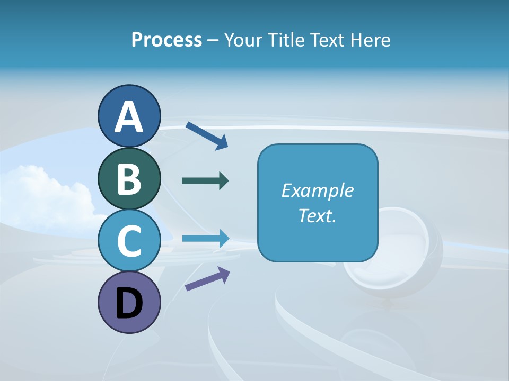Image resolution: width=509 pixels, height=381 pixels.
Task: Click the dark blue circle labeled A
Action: [129, 116]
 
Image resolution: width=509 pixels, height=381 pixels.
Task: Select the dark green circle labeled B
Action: [129, 178]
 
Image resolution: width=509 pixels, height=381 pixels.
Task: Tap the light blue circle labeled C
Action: [129, 241]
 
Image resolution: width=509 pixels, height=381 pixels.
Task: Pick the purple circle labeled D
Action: [129, 302]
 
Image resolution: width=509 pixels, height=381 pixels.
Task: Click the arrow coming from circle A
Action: [206, 135]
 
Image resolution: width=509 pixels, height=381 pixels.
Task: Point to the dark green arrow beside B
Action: [205, 181]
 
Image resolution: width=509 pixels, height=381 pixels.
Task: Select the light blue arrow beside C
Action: [205, 238]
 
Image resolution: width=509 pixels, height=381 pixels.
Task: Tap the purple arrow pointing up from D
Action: [207, 279]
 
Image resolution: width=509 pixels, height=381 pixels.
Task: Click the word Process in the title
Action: [166, 40]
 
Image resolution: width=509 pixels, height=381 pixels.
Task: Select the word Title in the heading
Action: [286, 40]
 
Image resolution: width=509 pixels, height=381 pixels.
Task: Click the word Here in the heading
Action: [371, 40]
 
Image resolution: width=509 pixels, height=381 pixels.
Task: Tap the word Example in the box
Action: [317, 190]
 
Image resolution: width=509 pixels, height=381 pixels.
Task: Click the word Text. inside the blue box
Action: [317, 216]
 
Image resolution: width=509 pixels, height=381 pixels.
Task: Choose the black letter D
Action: [129, 304]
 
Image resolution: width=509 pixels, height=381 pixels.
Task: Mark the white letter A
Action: [129, 117]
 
